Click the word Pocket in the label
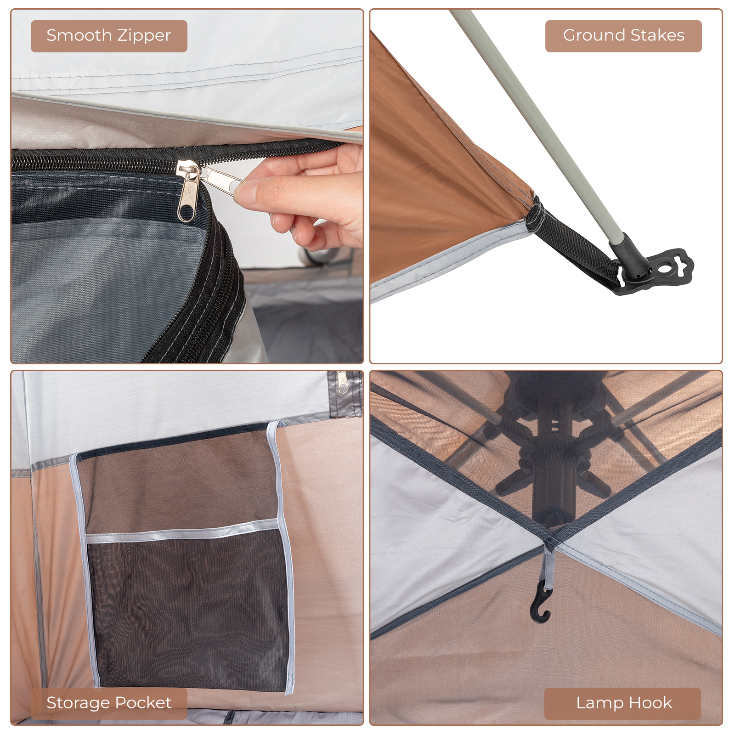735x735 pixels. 143,703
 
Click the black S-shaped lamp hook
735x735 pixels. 540,605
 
